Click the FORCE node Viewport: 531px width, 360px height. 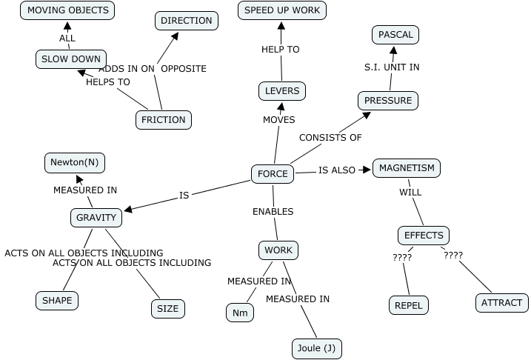click(273, 174)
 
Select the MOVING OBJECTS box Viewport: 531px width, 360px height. click(67, 10)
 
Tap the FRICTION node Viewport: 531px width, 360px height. click(164, 119)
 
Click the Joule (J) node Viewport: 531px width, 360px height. click(316, 348)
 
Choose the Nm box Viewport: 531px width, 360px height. click(240, 313)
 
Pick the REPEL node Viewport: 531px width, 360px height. click(409, 304)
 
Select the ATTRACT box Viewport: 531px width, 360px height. click(502, 302)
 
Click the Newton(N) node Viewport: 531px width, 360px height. click(74, 161)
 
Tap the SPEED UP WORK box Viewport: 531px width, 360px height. click(282, 10)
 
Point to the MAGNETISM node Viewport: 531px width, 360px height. click(407, 168)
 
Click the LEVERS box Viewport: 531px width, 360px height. click(282, 91)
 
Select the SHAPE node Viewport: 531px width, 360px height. click(57, 300)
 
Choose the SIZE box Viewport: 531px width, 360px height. click(168, 309)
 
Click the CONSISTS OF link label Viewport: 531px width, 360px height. click(330, 138)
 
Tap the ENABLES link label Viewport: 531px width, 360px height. click(273, 212)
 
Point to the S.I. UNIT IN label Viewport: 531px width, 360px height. click(392, 67)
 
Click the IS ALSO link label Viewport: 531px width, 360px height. click(337, 170)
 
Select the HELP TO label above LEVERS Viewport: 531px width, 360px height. click(281, 50)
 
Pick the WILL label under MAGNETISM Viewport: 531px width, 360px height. click(410, 193)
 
